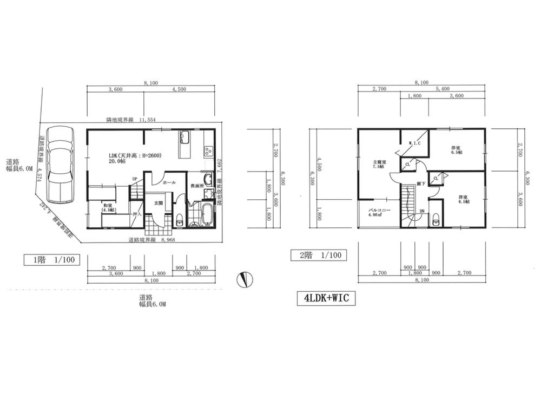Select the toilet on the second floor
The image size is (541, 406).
[436, 220]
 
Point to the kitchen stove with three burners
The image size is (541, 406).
[208, 152]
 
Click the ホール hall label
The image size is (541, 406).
[169, 183]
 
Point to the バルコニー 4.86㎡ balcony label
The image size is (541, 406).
[380, 211]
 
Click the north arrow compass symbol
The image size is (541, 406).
[245, 279]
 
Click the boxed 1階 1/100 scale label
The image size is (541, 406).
[52, 259]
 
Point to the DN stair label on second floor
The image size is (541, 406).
[421, 212]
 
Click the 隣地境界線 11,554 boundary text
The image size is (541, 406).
[130, 120]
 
